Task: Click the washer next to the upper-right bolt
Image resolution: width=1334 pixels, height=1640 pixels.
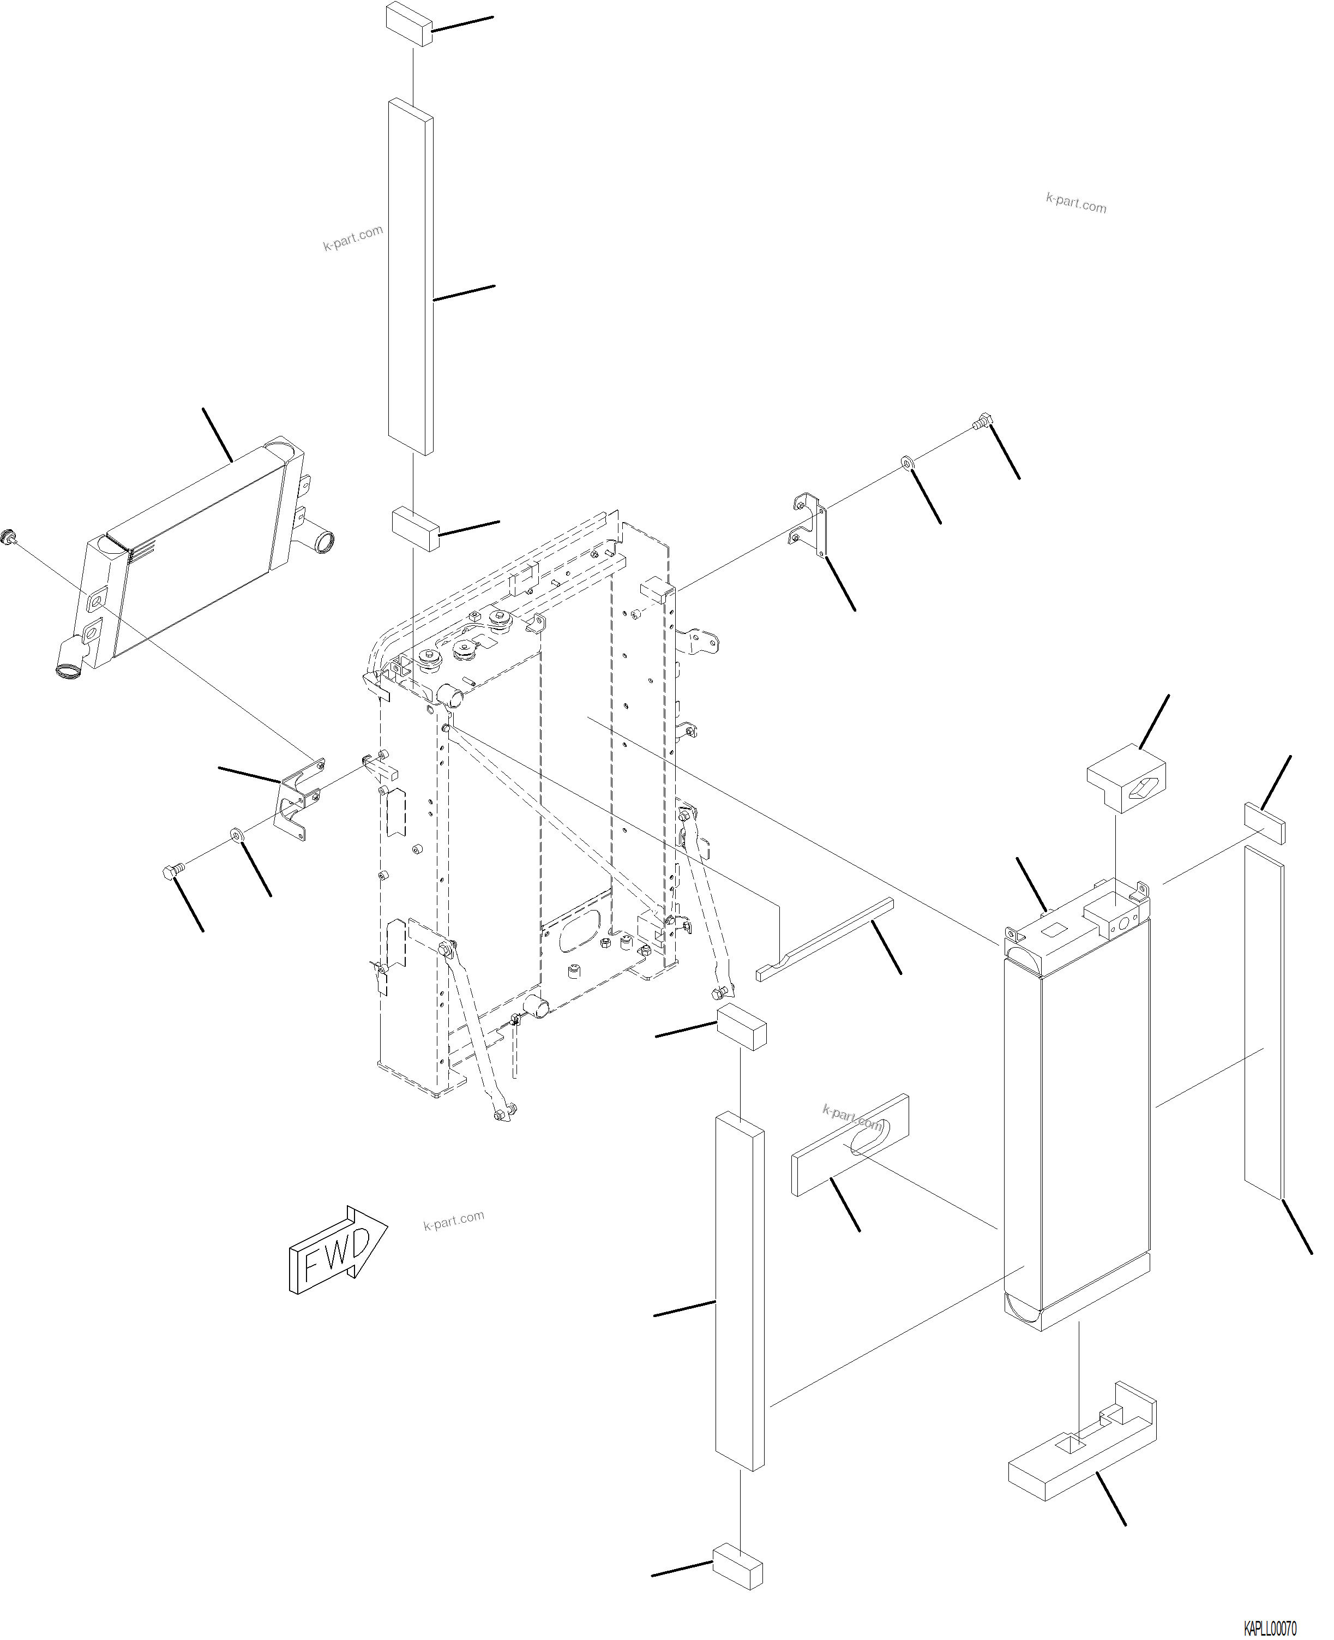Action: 907,462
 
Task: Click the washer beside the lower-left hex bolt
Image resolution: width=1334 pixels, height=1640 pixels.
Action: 236,835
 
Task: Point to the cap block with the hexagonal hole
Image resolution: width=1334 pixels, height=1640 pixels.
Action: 1127,778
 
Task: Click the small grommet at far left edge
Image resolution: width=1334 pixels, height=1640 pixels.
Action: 10,536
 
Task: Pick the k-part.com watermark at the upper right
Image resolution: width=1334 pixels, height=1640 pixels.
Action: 1076,203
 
